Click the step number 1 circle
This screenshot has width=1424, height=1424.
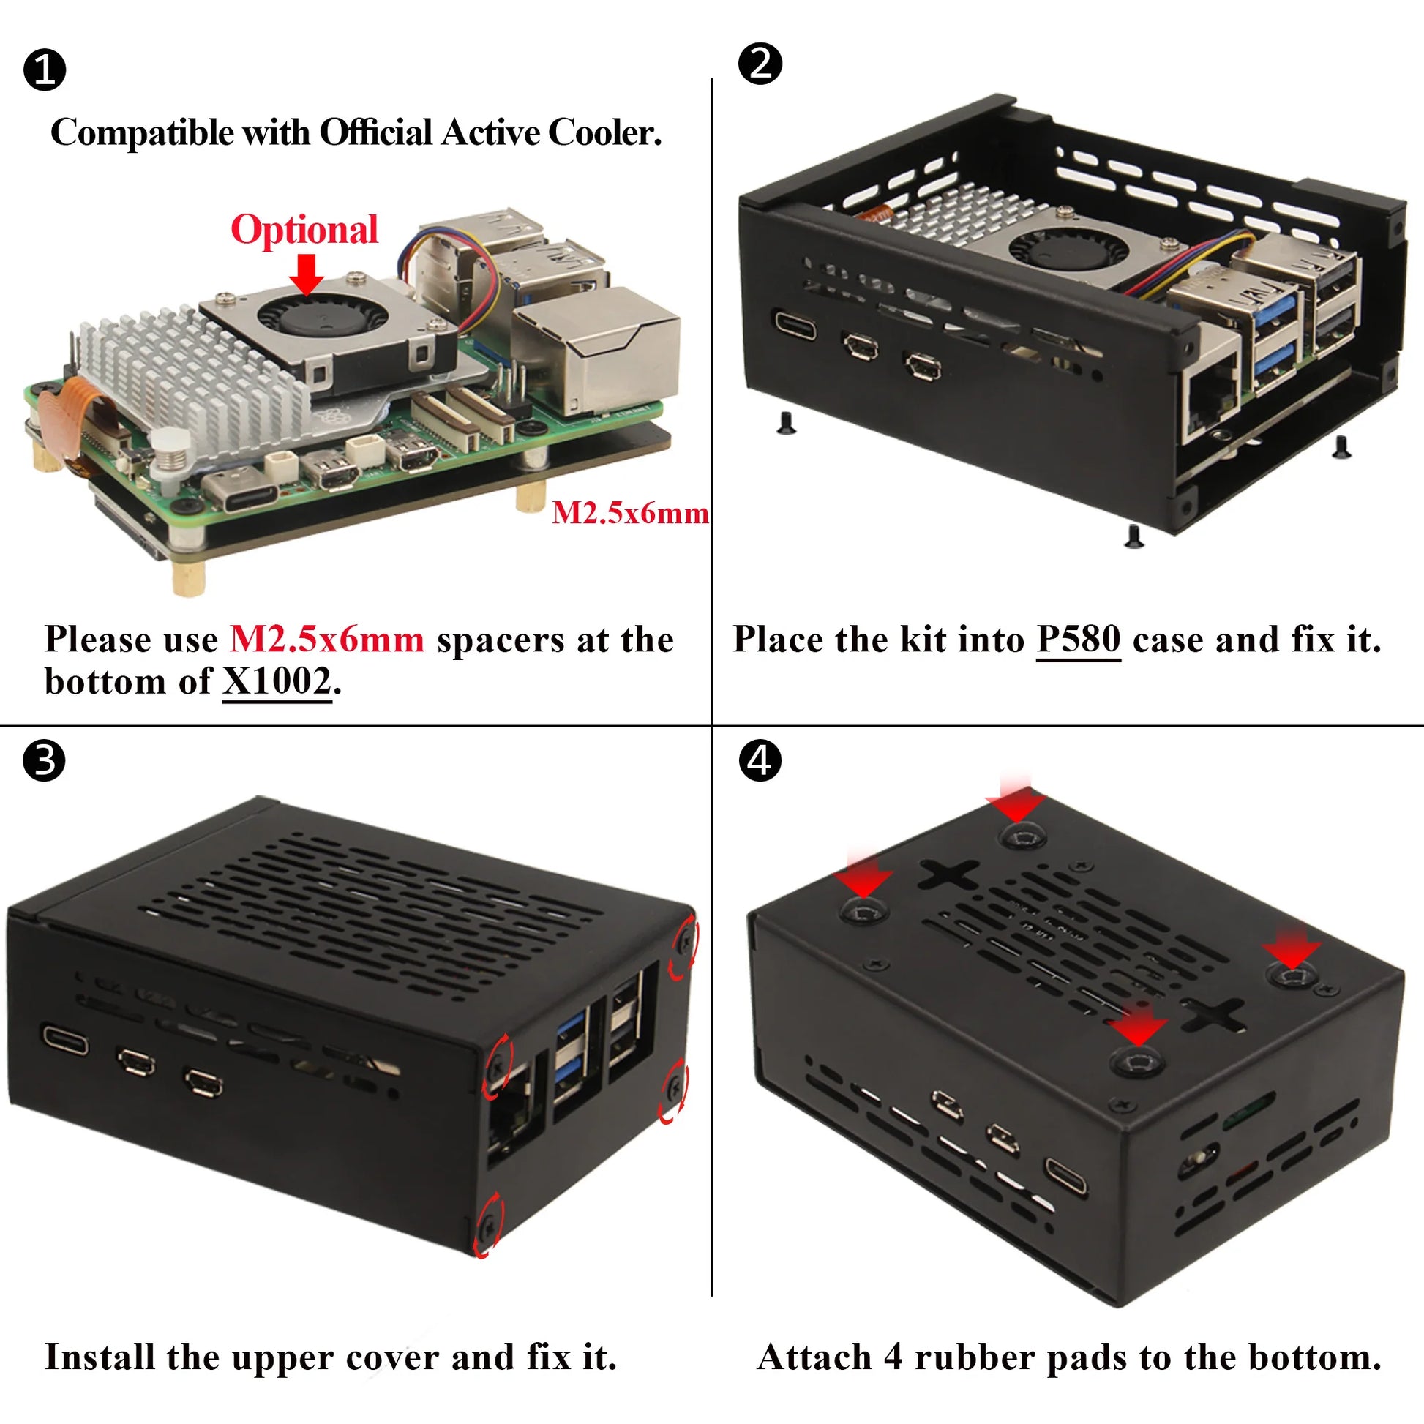[45, 70]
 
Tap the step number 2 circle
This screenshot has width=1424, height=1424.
[760, 64]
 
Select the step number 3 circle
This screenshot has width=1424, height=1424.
[44, 760]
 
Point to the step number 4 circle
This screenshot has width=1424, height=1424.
[760, 760]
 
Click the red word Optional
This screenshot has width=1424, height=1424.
[304, 230]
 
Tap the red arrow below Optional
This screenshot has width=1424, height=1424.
[306, 274]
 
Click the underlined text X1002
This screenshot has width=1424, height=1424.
[277, 682]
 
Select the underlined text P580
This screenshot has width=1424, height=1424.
[1079, 639]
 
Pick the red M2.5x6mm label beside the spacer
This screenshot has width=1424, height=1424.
[630, 513]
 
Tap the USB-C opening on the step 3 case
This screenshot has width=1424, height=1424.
[65, 1040]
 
